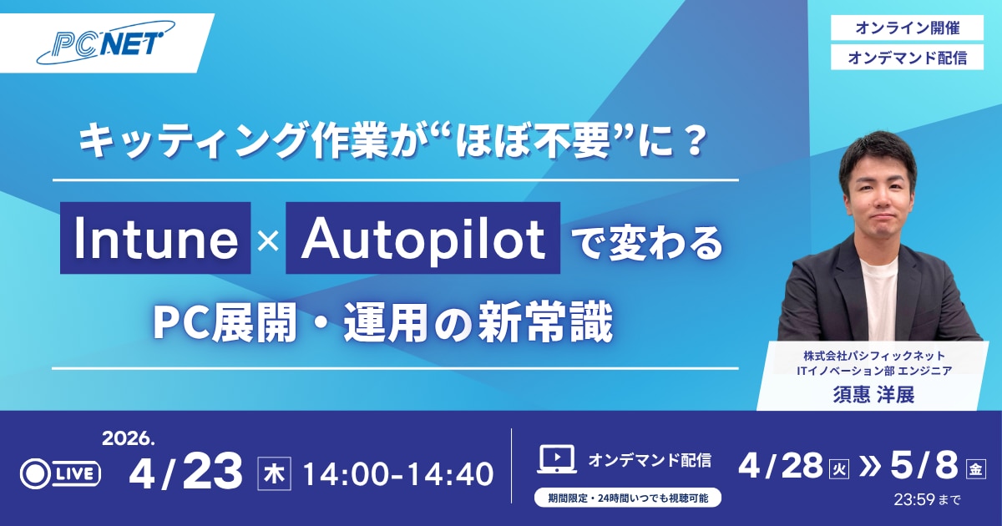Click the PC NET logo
point(106,43)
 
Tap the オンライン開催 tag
point(907,28)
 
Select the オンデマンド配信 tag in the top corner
point(907,58)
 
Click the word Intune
point(155,239)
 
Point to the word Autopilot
point(423,239)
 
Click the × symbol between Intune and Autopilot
point(268,241)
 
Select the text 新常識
point(547,323)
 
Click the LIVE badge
point(60,473)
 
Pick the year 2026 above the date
point(129,439)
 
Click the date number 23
point(212,471)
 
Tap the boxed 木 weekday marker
point(274,473)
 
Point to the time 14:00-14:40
point(398,474)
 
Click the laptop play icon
point(557,459)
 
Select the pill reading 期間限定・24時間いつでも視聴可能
point(628,498)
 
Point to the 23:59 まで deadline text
point(927,499)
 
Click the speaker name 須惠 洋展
point(873,394)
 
